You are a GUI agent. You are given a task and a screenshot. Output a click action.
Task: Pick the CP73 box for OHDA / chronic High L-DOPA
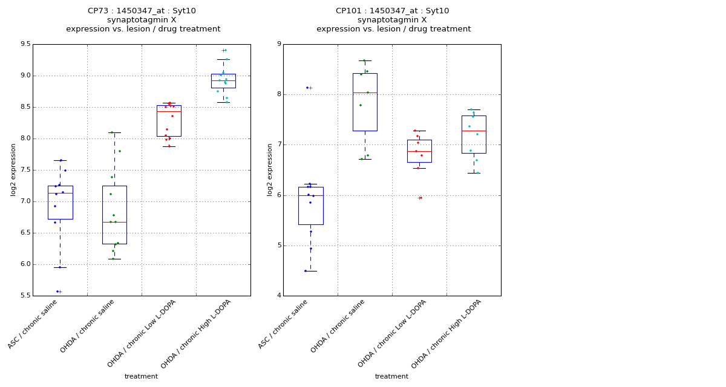(x=223, y=81)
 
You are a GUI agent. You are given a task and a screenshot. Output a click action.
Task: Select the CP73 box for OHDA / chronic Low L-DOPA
(x=169, y=121)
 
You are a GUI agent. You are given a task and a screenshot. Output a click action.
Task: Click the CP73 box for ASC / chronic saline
(x=60, y=203)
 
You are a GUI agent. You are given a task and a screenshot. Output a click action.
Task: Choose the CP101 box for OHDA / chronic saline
(x=365, y=102)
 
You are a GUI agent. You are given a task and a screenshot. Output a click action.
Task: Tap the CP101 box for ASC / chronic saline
(x=310, y=206)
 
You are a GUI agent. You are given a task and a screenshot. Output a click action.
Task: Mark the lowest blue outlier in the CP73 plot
(x=58, y=291)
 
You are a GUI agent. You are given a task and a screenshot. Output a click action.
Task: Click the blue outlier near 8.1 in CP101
(x=307, y=88)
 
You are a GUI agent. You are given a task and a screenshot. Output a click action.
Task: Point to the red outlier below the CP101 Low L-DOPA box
(x=420, y=198)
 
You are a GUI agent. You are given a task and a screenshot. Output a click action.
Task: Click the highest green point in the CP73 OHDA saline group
(x=111, y=132)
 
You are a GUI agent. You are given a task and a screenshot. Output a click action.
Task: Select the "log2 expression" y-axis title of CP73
(x=13, y=169)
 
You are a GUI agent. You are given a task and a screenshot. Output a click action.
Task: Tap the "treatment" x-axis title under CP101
(x=391, y=377)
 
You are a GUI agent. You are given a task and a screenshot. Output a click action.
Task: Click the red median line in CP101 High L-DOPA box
(x=474, y=131)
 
